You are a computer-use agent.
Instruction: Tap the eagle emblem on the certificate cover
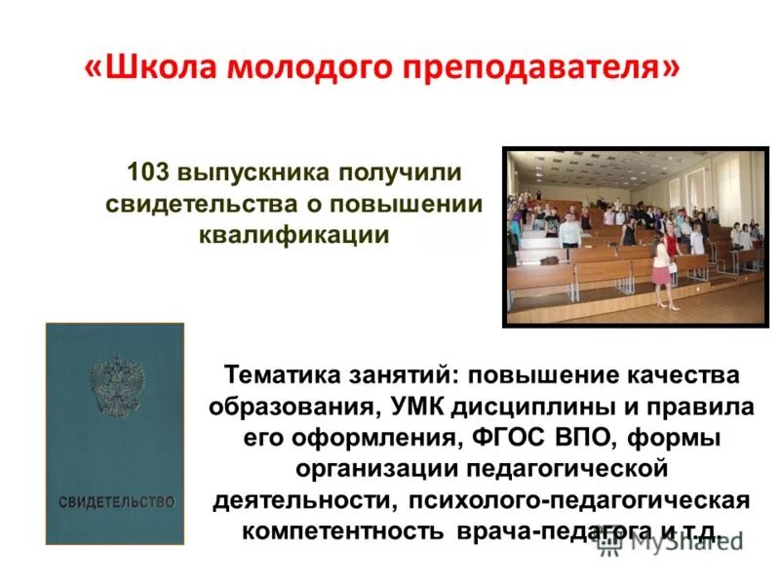[x=114, y=381]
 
